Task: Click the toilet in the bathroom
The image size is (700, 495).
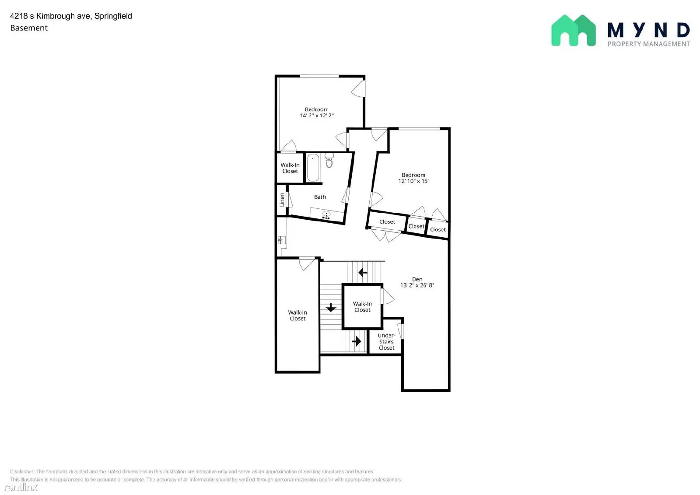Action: tap(329, 161)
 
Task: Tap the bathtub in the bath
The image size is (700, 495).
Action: tap(313, 168)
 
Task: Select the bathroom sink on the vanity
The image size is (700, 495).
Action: tap(326, 214)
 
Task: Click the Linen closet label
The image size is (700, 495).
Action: tap(282, 200)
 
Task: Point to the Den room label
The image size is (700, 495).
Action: tap(417, 279)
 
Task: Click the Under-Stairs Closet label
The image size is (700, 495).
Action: tap(386, 342)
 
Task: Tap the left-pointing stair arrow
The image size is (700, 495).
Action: tap(363, 273)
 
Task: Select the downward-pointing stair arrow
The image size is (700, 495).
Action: tap(331, 308)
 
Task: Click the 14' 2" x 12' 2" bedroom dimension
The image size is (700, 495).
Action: tap(317, 116)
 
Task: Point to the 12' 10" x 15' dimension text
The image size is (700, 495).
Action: tap(413, 181)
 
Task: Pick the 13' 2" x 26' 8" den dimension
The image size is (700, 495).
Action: tap(417, 285)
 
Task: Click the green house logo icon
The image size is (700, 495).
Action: tap(573, 30)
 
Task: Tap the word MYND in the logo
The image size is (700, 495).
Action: tap(648, 30)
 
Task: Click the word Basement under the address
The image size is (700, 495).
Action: tap(29, 28)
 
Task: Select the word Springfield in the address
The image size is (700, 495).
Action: tap(113, 16)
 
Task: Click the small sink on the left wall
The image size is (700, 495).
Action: tap(281, 240)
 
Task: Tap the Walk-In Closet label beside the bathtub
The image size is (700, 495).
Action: tap(290, 168)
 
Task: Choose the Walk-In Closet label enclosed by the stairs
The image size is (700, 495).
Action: tap(362, 307)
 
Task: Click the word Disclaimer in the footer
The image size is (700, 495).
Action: tap(22, 471)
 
